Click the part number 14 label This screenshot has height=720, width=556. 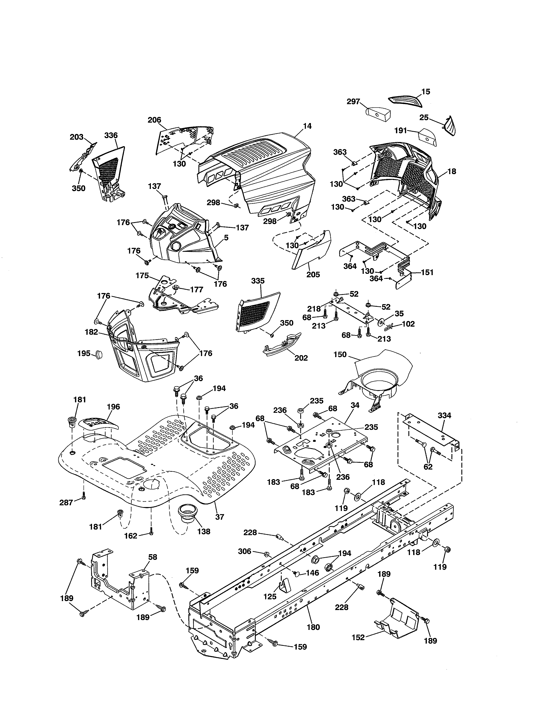[307, 126]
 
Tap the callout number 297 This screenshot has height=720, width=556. [353, 101]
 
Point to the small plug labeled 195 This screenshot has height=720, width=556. [99, 354]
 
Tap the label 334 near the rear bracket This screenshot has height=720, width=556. [444, 415]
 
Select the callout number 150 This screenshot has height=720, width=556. [340, 354]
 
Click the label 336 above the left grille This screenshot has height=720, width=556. [111, 135]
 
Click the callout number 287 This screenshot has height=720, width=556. [66, 502]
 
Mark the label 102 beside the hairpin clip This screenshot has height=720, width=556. [408, 324]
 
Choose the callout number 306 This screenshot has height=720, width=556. [244, 551]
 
